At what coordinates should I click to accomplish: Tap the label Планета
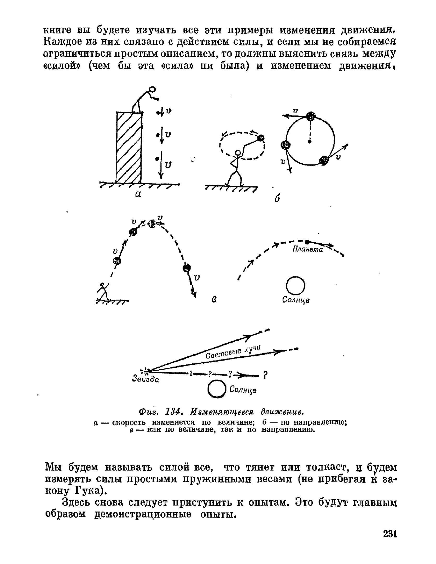[307, 250]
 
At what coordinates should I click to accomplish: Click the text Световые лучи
[233, 353]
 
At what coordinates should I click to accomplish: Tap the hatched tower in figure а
[129, 148]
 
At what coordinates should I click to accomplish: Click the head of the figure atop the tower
[152, 90]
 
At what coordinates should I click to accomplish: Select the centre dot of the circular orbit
[310, 142]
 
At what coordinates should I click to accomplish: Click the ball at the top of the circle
[311, 116]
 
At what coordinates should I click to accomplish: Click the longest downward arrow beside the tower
[161, 165]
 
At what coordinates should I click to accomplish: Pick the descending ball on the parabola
[187, 268]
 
